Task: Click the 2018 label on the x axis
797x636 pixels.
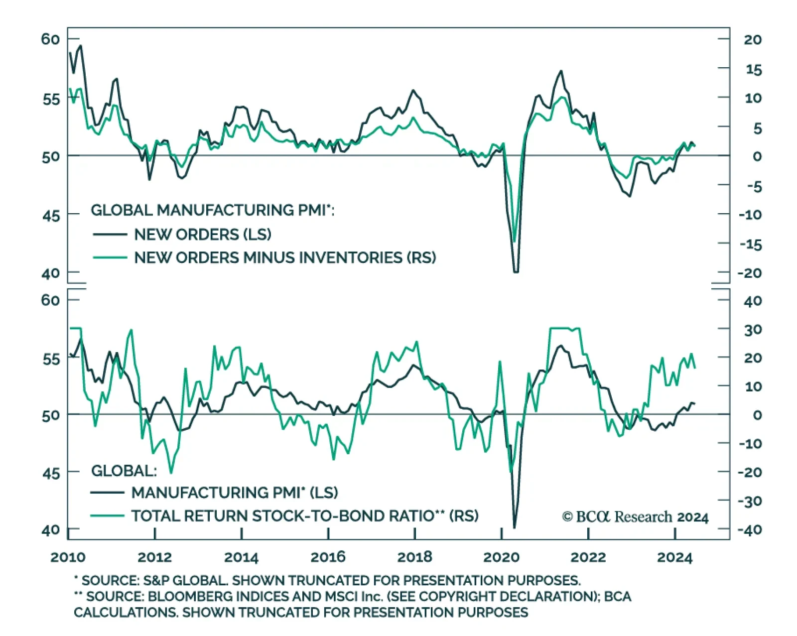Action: [414, 557]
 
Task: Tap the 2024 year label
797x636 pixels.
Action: [674, 557]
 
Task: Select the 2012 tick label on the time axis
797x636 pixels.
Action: [154, 557]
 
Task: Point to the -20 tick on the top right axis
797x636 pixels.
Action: [750, 273]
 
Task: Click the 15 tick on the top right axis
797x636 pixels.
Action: [753, 70]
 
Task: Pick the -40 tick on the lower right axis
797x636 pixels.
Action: [750, 529]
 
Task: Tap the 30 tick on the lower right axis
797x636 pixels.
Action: [753, 330]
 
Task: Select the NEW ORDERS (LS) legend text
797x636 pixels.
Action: [203, 234]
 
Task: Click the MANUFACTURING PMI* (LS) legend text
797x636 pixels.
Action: [235, 493]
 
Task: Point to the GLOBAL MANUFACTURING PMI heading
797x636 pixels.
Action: [212, 210]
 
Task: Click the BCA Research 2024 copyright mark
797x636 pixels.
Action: [635, 517]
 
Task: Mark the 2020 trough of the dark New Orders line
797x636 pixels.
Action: [516, 271]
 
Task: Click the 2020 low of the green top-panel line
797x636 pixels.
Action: [515, 242]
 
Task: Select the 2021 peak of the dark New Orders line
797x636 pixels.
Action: [561, 71]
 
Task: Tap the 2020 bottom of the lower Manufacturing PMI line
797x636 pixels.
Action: [514, 527]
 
